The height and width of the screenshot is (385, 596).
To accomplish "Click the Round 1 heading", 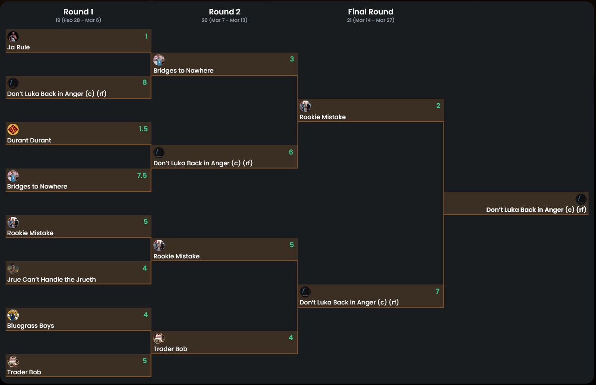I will pos(78,12).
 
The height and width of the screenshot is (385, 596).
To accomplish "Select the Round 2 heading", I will pos(225,12).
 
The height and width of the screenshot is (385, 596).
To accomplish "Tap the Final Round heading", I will pos(370,12).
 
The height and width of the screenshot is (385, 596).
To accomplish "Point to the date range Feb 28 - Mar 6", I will pos(78,20).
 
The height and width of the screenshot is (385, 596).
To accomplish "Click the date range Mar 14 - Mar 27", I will pos(370,20).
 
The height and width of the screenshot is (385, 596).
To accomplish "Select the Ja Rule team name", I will pos(19,47).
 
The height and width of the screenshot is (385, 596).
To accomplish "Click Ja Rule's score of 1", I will pos(146,36).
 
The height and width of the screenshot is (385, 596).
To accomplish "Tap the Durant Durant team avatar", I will pos(13,129).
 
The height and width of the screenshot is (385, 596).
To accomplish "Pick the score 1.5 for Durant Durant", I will pos(143,129).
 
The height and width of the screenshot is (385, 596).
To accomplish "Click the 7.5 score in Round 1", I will pos(142,176).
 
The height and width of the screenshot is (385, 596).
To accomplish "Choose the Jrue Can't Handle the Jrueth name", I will pos(51,279).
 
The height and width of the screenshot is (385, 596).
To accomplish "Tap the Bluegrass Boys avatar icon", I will pos(13,315).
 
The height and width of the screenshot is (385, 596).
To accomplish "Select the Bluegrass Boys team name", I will pos(30,326).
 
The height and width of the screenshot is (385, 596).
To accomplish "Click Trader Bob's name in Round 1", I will pos(24,372).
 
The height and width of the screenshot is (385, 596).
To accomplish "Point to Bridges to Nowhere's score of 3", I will pos(292,59).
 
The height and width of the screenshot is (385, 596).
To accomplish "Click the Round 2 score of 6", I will pos(291,152).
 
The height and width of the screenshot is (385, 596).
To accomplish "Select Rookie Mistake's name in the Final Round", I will pos(322,117).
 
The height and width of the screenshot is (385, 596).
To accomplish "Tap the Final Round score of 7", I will pos(437,291).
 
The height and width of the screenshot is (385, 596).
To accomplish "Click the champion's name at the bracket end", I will pos(536,209).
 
